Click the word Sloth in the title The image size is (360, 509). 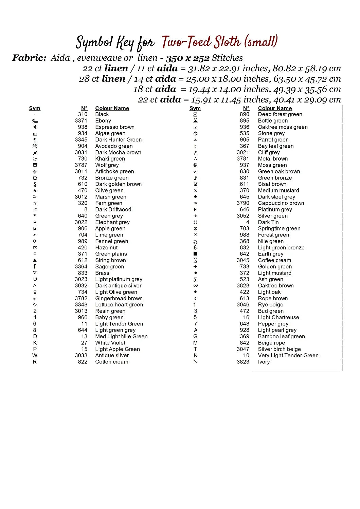coord(227,42)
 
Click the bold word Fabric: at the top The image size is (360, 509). coord(29,58)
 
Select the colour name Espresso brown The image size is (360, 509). coord(115,127)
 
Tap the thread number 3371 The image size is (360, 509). coord(81,120)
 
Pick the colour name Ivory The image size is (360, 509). coord(264,362)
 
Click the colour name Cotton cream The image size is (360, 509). coord(112,362)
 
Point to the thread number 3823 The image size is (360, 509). coord(243,362)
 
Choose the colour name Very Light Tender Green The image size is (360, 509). coord(288,355)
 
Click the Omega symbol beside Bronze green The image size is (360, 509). coord(35,178)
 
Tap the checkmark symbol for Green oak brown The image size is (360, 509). coord(195,171)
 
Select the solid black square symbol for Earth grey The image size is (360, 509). coord(195,254)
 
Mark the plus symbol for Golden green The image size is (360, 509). coord(195,267)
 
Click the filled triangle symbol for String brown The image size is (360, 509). coord(35,260)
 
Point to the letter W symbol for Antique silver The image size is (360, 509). coord(35,355)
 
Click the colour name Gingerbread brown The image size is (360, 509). coord(119,298)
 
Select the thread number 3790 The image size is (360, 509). coord(243,203)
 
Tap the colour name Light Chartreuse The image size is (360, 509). coord(278,317)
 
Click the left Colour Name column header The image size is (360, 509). coord(112,108)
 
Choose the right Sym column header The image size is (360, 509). coord(195,108)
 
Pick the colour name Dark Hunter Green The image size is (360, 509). coord(118,139)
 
